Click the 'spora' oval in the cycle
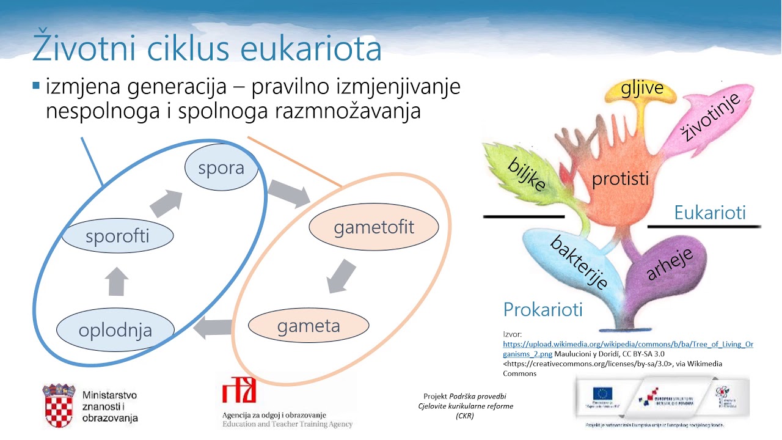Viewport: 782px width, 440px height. point(221,168)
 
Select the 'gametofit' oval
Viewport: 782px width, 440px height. point(373,228)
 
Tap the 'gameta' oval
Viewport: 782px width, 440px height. point(309,326)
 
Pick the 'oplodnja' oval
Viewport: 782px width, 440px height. point(115,331)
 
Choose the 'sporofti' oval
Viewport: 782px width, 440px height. point(117,237)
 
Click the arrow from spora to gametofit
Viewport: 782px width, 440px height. point(290,193)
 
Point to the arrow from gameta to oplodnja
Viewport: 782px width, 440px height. point(213,329)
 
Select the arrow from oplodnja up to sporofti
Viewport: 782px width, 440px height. point(117,281)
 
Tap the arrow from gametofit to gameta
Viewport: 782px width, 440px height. point(341,276)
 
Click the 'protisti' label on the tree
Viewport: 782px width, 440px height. point(620,180)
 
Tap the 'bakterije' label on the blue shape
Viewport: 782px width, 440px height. point(579,262)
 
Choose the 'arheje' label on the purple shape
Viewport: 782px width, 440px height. point(670,264)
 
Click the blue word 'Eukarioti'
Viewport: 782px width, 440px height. point(710,213)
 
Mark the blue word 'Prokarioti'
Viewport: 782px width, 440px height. point(543,309)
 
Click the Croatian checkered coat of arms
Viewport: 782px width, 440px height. point(58,405)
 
